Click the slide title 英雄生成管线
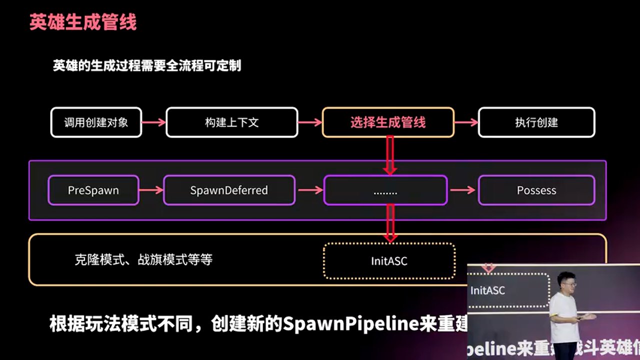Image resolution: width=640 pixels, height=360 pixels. click(83, 22)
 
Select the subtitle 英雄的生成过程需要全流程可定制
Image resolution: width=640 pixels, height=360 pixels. click(147, 65)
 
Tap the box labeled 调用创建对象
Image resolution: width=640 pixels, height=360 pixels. click(96, 122)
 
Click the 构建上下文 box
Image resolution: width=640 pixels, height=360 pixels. click(231, 122)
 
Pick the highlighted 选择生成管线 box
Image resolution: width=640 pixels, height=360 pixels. click(388, 122)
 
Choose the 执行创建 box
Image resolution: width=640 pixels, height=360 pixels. click(536, 122)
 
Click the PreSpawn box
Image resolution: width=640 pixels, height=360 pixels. click(93, 190)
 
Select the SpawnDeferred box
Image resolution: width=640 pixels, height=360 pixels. click(229, 190)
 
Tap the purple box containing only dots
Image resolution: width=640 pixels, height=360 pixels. click(385, 190)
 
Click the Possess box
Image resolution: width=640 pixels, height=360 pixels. click(536, 190)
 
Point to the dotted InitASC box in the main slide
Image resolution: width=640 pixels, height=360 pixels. click(389, 260)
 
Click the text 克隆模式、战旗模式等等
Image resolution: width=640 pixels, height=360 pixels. click(143, 259)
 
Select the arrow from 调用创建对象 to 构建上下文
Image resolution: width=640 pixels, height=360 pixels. click(153, 122)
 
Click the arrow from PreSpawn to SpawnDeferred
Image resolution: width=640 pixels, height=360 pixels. click(151, 190)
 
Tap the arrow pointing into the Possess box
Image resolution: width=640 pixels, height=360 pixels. click(462, 190)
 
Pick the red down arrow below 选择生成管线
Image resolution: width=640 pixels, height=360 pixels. click(390, 155)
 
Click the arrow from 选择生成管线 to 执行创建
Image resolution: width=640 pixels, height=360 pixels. click(466, 122)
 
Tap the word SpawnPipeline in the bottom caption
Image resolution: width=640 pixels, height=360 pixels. click(350, 324)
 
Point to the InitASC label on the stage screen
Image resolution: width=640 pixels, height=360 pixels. click(487, 290)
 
